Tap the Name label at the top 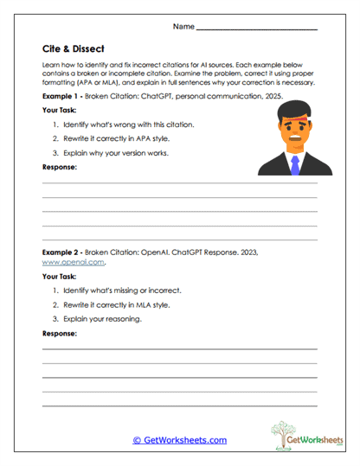(183, 27)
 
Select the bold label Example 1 (61, 96)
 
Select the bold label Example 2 (61, 250)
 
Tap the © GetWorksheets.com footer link (179, 440)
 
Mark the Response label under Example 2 (60, 333)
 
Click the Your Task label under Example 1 (61, 111)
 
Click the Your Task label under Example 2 (61, 277)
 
